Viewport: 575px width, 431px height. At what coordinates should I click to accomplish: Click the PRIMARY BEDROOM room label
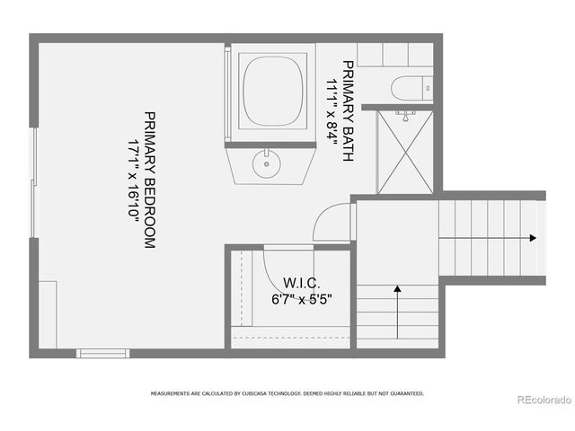coord(150,180)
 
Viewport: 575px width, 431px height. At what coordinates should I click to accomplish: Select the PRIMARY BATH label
coord(347,110)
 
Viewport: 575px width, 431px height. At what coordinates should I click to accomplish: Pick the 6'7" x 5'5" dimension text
coord(296,299)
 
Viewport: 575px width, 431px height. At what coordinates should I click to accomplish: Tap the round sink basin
coord(267,163)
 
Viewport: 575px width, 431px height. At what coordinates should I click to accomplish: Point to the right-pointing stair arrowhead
coord(533,238)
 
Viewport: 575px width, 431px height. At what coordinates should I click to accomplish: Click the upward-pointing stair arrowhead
coord(397,290)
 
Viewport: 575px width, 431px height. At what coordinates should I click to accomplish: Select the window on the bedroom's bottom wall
coord(102,353)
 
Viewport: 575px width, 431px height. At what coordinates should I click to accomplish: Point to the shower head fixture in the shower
coord(406,115)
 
